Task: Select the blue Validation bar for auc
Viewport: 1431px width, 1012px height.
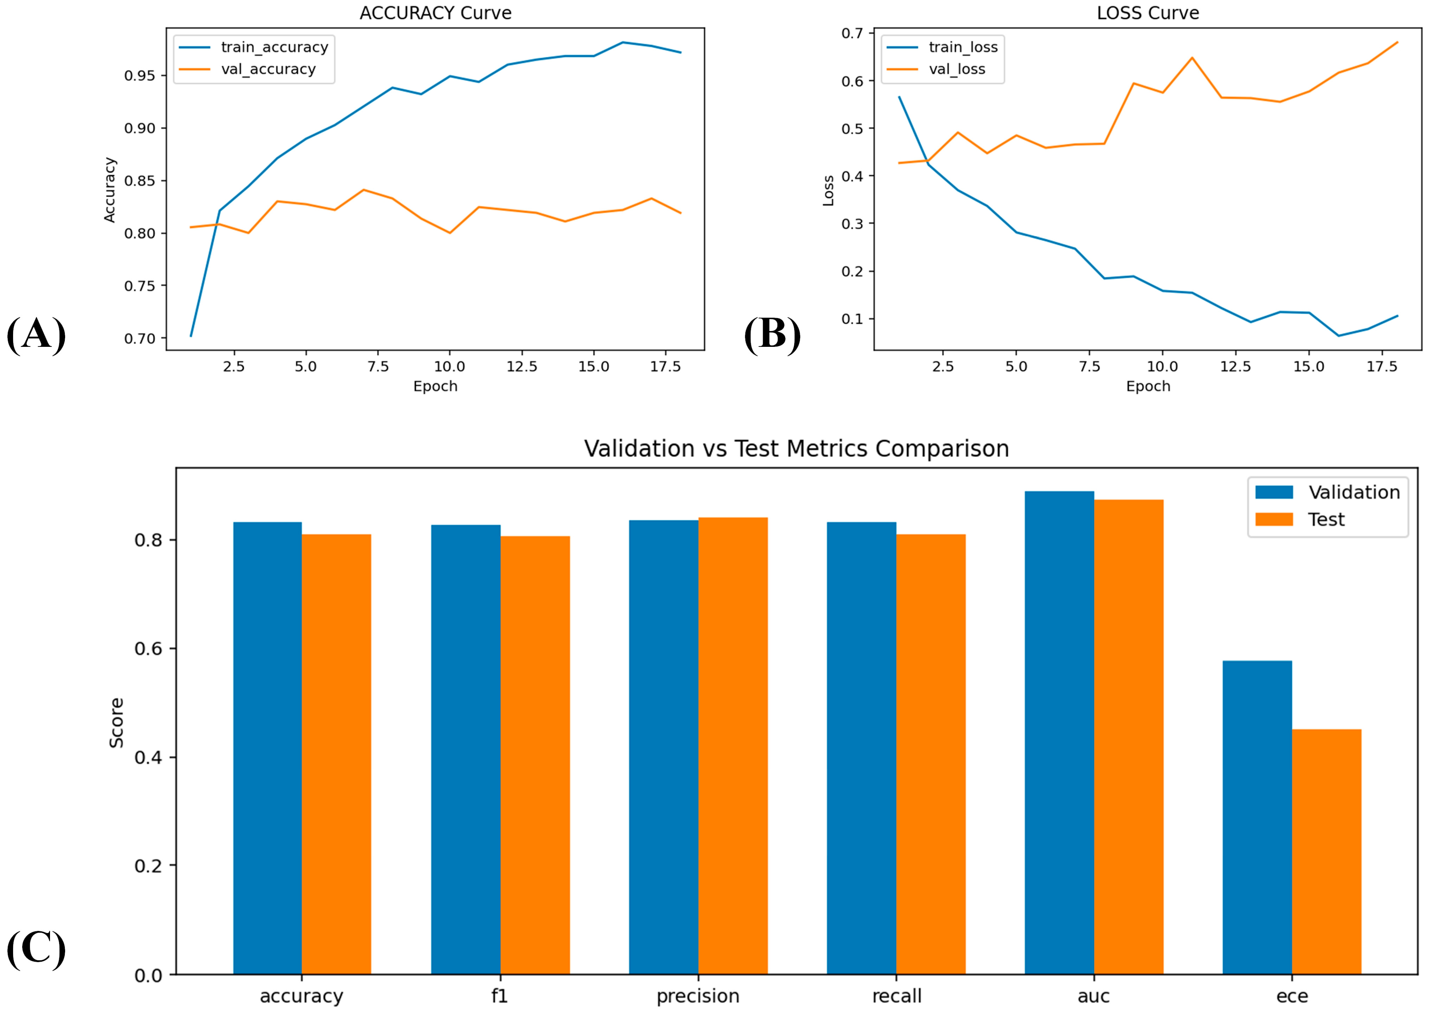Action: [1059, 733]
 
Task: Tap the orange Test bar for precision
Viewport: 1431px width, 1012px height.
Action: [733, 746]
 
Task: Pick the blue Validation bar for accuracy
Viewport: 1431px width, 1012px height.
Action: [268, 748]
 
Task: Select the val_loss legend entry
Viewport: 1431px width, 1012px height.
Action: [936, 69]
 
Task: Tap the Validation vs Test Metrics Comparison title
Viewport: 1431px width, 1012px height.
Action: [797, 448]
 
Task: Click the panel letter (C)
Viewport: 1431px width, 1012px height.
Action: [36, 949]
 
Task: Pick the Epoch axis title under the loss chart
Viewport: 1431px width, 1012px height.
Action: [1148, 386]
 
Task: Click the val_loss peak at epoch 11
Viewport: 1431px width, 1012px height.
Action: [1192, 58]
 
